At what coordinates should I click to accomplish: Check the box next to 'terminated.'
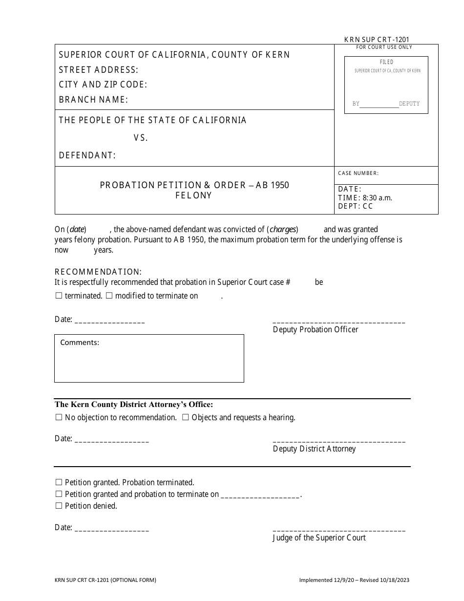coord(59,296)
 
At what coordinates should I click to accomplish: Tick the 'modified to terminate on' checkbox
coord(109,296)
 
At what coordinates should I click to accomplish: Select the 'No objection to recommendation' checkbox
coord(59,417)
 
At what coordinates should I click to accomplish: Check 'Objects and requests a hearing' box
coord(186,417)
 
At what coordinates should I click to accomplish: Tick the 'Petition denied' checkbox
coord(59,506)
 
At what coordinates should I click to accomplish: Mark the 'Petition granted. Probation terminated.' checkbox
coord(59,482)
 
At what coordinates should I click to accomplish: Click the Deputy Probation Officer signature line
coord(338,322)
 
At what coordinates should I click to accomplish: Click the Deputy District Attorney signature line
coord(338,441)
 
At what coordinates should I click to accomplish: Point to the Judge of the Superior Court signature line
coord(338,530)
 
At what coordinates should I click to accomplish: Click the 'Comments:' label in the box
coord(80,343)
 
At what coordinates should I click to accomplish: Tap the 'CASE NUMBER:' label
coord(358,173)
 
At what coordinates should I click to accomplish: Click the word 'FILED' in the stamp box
coord(386,62)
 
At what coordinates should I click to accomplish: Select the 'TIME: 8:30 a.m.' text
coord(365,198)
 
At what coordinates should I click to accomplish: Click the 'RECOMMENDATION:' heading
coord(98,272)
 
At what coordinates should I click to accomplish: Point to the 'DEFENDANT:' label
coord(87,155)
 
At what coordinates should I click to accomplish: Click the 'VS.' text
coord(141,138)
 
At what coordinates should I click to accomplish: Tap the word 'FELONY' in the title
coord(194,195)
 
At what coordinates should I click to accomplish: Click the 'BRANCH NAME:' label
coord(93,100)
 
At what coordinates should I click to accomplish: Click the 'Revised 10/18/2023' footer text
coord(383,580)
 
